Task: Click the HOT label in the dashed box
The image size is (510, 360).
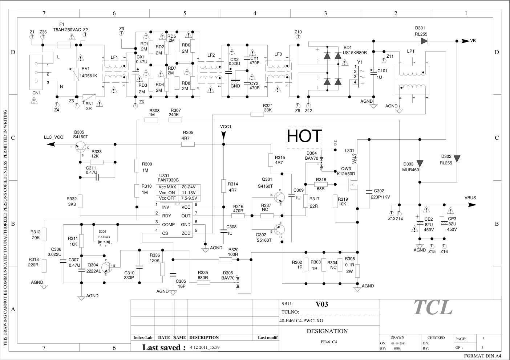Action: pos(304,136)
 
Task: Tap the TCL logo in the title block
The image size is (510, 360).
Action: pos(433,307)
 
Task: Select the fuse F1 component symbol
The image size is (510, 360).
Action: pos(64,45)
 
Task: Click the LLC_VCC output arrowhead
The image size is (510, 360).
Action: pos(51,144)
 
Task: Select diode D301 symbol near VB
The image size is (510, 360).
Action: pos(424,41)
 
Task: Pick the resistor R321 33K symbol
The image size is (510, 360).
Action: pos(257,114)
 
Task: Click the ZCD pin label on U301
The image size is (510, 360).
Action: pos(186,233)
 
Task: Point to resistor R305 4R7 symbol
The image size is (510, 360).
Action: pos(188,144)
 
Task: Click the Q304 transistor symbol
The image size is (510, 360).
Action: pos(107,267)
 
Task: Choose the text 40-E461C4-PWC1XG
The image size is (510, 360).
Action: pos(301,321)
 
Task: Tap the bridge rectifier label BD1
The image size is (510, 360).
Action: pos(347,48)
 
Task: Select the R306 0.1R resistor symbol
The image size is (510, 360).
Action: pos(357,271)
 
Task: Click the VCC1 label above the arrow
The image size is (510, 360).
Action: pos(226,127)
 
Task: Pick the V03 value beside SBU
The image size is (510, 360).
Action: pos(321,304)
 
